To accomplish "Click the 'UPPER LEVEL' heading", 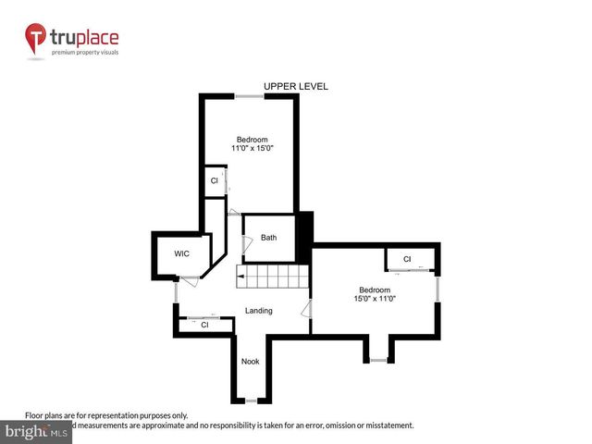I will pos(295,86).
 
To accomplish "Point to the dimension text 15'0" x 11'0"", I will pos(375,298).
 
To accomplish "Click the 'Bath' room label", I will pos(268,238).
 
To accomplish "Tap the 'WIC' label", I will pos(182,254).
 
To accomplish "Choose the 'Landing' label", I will pos(258,311).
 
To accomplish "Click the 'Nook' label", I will pos(250,362).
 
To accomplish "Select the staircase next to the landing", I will pos(272,277).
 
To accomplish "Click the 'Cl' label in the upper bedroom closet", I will pos(214,180).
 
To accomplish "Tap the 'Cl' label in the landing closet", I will pos(204,325).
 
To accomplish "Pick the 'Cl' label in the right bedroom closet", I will pos(407,259).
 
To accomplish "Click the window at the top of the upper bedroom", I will pos(248,96).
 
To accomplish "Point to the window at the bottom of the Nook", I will pos(250,401).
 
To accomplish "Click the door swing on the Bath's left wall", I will pos(245,244).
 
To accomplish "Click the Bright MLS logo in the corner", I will pos(37,432).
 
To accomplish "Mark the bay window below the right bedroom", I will pos(377,359).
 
